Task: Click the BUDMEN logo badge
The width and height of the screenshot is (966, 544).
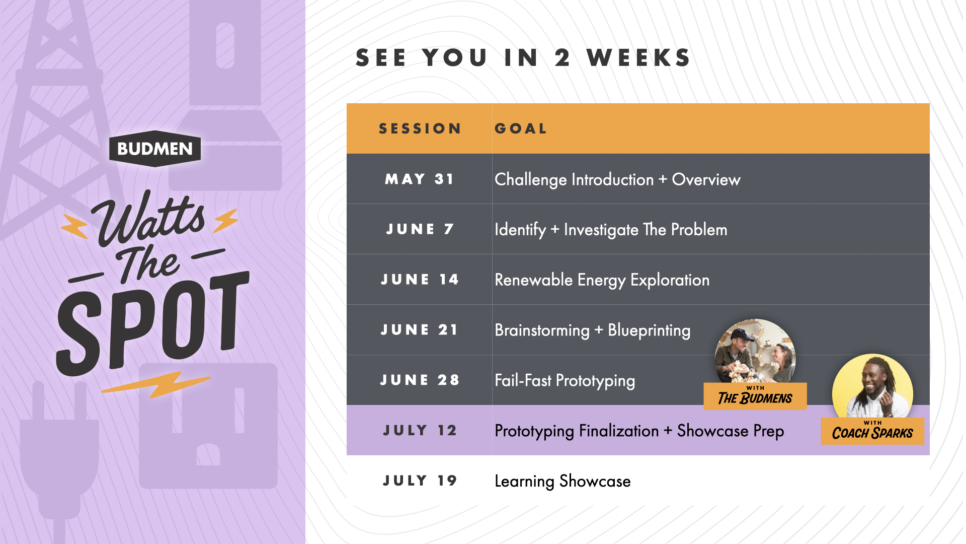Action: pyautogui.click(x=155, y=149)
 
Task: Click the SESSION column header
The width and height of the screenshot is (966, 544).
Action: pyautogui.click(x=420, y=129)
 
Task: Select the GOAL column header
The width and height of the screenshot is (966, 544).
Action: pyautogui.click(x=521, y=129)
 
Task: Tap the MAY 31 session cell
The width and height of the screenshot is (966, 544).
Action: pyautogui.click(x=420, y=179)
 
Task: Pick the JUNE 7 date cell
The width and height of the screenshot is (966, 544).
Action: pyautogui.click(x=420, y=229)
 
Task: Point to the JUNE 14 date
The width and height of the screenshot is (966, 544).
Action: pyautogui.click(x=420, y=280)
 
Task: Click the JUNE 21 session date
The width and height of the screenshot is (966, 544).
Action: pyautogui.click(x=420, y=330)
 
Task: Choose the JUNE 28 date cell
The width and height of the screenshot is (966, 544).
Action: pyautogui.click(x=420, y=380)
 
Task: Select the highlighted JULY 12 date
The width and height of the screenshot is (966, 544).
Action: pyautogui.click(x=420, y=431)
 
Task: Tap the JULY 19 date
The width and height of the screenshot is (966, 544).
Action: pyautogui.click(x=420, y=481)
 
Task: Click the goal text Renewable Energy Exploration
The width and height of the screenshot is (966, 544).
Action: pyautogui.click(x=602, y=280)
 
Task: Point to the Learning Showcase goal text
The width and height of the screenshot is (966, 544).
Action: pyautogui.click(x=562, y=482)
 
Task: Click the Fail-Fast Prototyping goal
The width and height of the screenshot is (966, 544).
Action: pyautogui.click(x=565, y=381)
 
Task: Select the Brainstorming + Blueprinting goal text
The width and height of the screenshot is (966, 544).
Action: pyautogui.click(x=592, y=330)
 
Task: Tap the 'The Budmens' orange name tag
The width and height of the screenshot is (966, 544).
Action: pyautogui.click(x=755, y=396)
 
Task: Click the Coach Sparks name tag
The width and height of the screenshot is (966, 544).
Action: pyautogui.click(x=872, y=431)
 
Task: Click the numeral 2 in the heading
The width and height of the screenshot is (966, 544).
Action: pyautogui.click(x=562, y=58)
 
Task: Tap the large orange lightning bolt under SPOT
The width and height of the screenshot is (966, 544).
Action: pyautogui.click(x=156, y=384)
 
